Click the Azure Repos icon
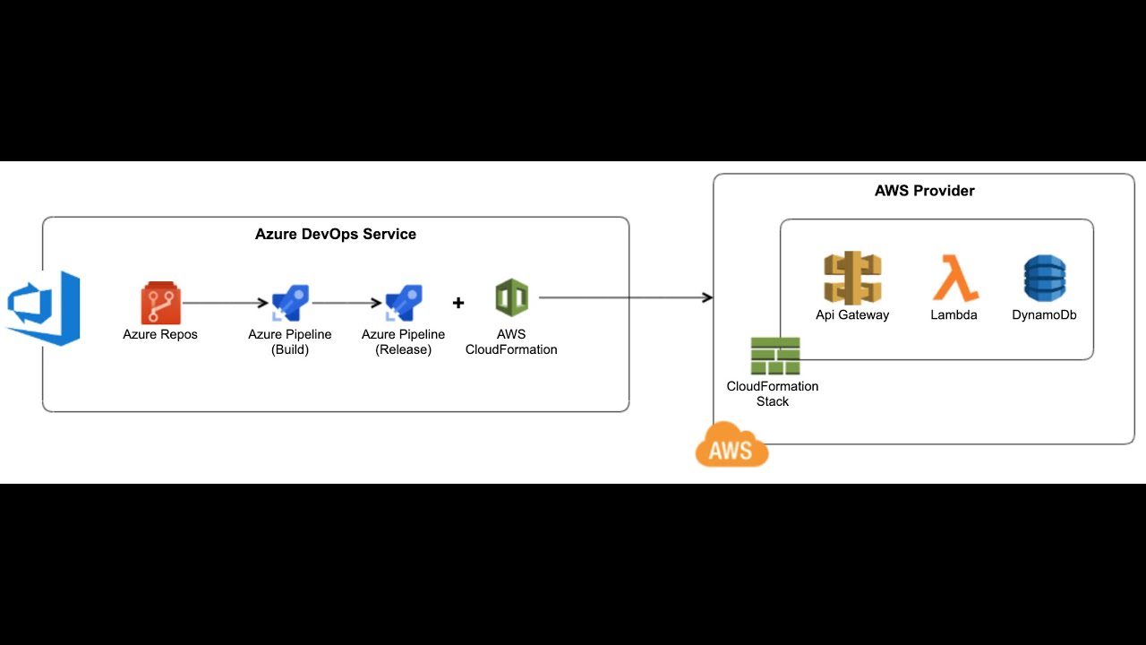(x=160, y=303)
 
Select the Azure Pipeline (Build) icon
(x=290, y=303)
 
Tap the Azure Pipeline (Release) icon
(x=404, y=303)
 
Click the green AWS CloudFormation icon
(x=511, y=297)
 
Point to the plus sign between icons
(x=458, y=303)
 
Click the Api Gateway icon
(x=852, y=279)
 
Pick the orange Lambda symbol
(x=954, y=278)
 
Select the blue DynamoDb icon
(x=1045, y=278)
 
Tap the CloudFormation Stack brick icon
(x=774, y=356)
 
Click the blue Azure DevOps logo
(x=45, y=307)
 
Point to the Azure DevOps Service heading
(x=336, y=234)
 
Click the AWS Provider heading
(x=924, y=191)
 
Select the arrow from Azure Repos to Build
(x=226, y=303)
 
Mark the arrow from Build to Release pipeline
(x=347, y=303)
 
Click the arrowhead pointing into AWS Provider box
(x=707, y=297)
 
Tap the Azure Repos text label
(x=160, y=334)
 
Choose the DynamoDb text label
(x=1044, y=315)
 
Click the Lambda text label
(x=954, y=315)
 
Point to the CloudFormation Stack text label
(x=772, y=394)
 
